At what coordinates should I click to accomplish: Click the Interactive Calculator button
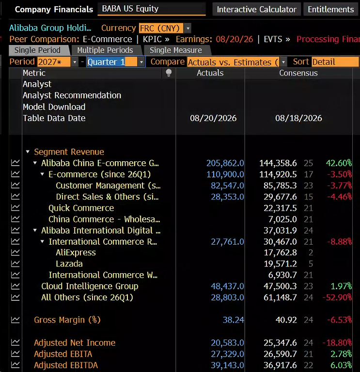tap(256, 9)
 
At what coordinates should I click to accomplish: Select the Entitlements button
tap(330, 9)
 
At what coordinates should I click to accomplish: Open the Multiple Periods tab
tap(105, 50)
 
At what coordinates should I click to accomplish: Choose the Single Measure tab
tap(176, 50)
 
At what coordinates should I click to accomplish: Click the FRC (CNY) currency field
tap(161, 28)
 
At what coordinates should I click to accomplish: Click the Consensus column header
tap(298, 73)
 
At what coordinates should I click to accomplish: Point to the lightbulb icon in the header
tap(169, 73)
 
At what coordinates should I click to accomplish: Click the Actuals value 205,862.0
tap(225, 163)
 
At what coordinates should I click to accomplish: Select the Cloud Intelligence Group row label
tap(90, 286)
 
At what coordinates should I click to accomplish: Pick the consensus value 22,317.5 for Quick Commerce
tap(280, 208)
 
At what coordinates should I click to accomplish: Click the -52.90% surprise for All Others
tap(337, 297)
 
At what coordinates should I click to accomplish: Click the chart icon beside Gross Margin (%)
tap(15, 320)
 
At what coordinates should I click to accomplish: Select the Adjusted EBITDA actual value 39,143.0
tap(227, 365)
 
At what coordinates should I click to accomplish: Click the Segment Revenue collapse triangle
tap(28, 152)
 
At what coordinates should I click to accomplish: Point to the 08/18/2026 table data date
tap(298, 118)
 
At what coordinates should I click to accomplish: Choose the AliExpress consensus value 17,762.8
tap(280, 253)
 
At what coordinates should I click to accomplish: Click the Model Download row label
tap(54, 107)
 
